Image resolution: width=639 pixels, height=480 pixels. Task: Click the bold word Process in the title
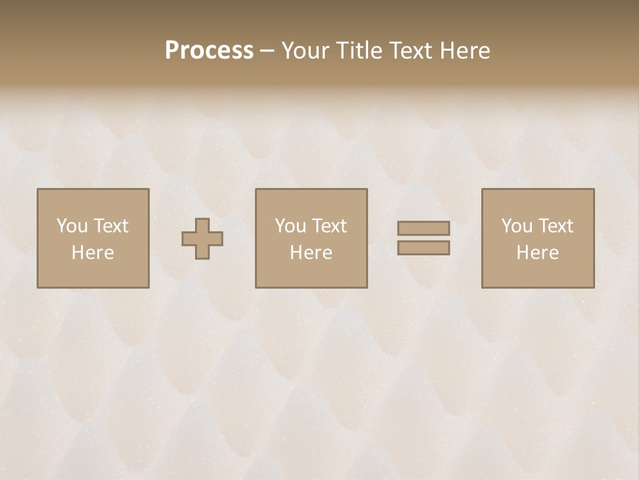209,51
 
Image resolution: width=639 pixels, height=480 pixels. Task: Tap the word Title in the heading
358,51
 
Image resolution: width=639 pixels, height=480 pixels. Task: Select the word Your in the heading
307,51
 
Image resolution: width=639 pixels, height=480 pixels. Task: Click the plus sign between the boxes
202,239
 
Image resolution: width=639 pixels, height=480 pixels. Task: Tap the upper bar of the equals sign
423,228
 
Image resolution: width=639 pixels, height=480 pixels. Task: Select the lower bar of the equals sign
423,248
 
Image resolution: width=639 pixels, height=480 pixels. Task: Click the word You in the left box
73,226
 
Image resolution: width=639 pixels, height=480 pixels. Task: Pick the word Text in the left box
110,226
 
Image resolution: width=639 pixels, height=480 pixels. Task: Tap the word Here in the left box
93,253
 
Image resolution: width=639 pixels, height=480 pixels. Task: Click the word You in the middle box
291,226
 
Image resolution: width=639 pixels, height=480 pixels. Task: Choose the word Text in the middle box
329,226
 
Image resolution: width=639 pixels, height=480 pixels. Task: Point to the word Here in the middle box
311,253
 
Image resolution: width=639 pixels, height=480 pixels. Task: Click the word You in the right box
517,226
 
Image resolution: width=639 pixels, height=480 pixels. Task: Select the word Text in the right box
555,226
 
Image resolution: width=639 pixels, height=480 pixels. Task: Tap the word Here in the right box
537,253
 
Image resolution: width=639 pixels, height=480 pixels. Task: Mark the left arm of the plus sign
188,239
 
